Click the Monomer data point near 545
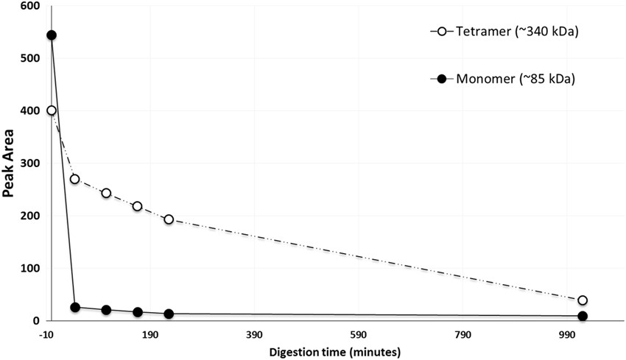tap(51, 35)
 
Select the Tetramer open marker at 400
tap(51, 110)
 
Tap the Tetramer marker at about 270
tap(74, 179)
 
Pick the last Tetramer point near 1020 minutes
tap(583, 300)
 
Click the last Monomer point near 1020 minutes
tap(583, 316)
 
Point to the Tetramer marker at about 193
tap(169, 219)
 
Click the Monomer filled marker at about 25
tap(74, 307)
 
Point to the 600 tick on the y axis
tap(30, 6)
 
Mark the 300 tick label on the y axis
tap(30, 163)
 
